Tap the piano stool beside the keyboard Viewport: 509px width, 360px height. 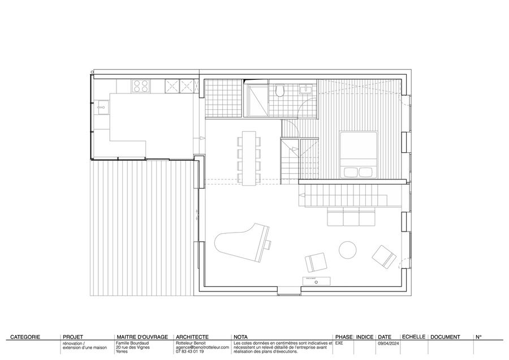269,245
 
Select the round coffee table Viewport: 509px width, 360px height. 348,249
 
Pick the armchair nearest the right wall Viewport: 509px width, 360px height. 385,257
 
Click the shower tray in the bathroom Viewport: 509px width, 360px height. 257,100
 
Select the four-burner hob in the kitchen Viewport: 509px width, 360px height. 140,85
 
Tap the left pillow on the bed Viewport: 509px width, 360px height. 348,172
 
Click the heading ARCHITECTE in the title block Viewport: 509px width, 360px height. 193,337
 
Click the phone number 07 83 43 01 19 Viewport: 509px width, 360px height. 190,352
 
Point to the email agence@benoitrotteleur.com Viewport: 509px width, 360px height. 202,348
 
